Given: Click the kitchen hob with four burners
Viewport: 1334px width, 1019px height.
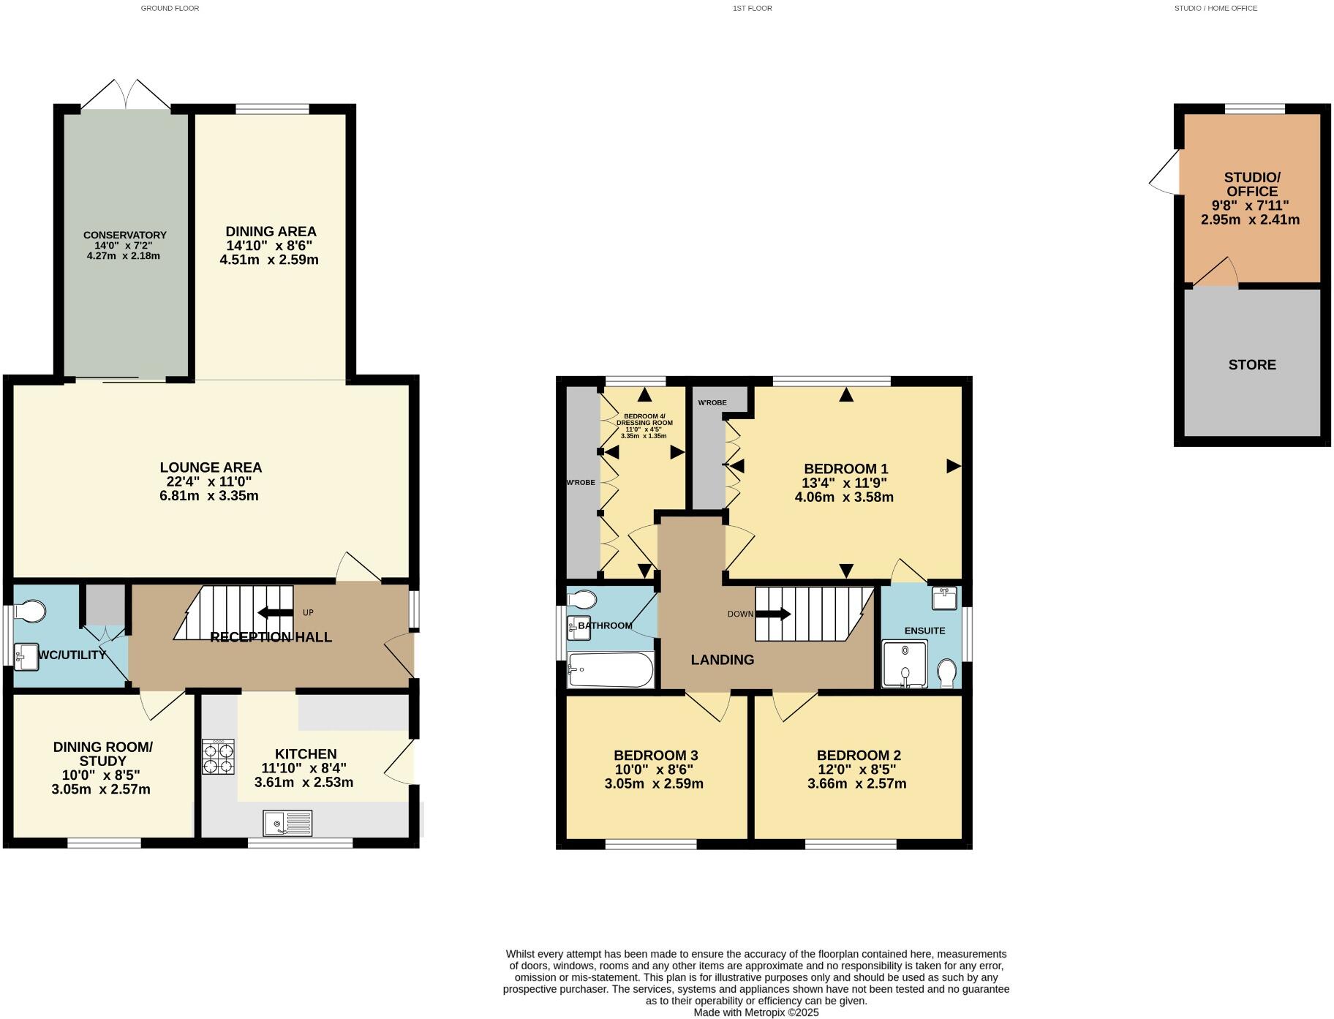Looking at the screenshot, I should (218, 757).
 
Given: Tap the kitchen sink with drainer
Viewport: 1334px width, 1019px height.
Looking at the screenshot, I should (287, 824).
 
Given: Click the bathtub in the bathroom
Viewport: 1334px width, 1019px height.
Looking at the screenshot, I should (611, 670).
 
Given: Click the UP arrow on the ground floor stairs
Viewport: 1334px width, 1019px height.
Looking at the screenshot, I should (275, 613).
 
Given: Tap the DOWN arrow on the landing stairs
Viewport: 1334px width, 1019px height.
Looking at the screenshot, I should (773, 614).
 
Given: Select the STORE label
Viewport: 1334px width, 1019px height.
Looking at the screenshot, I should (1251, 365).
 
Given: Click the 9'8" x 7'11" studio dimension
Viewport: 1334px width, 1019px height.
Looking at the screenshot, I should (1250, 206).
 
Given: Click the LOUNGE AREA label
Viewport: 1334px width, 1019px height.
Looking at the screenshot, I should (211, 467).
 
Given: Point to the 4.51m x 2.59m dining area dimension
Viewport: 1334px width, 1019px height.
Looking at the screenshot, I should (269, 260).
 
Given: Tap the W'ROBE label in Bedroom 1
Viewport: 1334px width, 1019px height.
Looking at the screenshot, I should (712, 403).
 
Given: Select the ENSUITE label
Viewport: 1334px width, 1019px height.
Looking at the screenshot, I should (924, 631).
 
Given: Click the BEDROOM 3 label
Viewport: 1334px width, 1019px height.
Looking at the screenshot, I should (655, 756).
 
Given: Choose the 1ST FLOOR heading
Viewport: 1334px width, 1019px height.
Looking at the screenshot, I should (752, 8).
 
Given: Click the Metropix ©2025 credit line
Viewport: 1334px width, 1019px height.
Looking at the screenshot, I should (756, 1012).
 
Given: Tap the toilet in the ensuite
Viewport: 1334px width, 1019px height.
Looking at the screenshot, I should (947, 673).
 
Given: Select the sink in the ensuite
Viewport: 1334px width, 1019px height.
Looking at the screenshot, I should (944, 598).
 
